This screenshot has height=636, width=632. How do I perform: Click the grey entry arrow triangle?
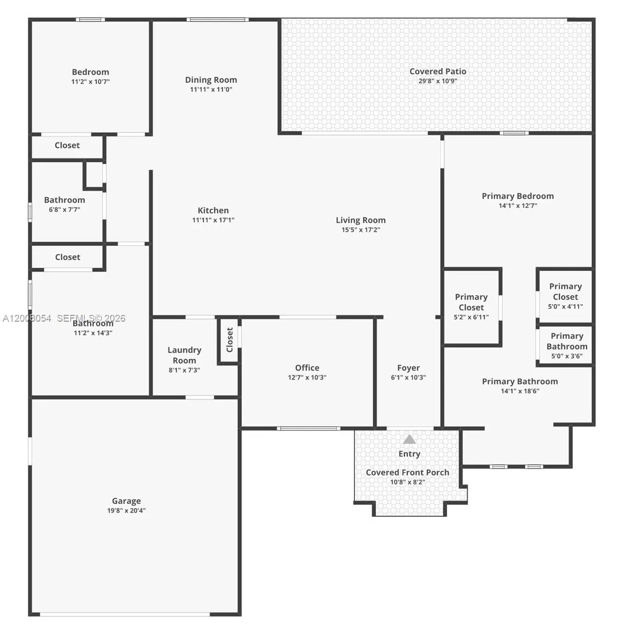409,439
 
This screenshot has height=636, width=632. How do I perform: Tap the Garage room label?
126,501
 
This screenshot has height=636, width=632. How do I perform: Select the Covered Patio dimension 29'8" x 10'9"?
438,81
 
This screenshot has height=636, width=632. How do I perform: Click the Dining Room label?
211,79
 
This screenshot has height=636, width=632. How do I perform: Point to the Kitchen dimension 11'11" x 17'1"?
213,220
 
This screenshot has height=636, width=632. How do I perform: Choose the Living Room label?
360,220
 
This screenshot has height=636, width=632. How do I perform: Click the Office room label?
307,368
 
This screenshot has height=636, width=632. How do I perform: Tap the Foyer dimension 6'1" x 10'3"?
408,377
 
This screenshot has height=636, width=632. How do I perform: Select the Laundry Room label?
184,355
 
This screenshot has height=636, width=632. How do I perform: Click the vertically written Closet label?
229,340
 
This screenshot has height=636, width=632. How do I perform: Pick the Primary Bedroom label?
518,196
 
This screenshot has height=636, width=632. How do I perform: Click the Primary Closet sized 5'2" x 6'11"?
471,306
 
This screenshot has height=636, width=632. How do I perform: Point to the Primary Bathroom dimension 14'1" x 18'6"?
520,391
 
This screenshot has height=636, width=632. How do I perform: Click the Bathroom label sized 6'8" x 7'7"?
65,200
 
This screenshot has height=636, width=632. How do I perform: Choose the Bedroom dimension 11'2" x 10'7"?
91,82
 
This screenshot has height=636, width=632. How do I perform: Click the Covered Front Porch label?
407,472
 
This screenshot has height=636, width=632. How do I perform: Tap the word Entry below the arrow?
409,454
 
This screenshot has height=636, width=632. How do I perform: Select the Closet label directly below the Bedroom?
67,145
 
